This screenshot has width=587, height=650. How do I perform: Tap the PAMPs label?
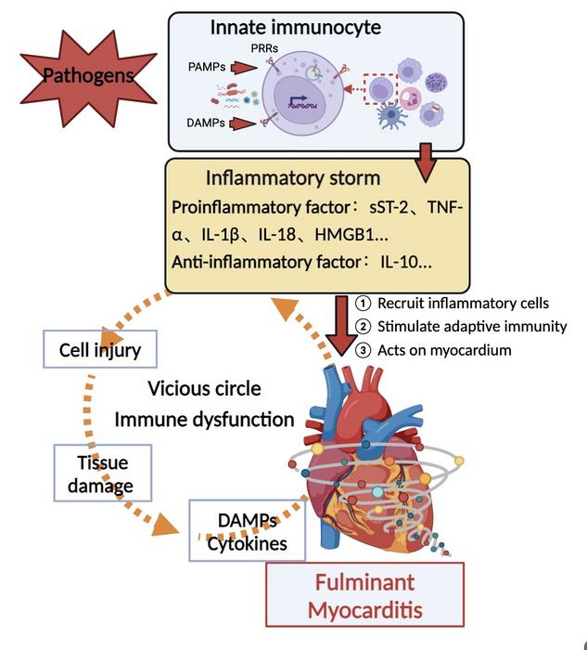[206, 66]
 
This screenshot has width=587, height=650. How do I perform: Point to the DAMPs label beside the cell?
[206, 123]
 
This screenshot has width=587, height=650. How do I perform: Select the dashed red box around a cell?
[381, 90]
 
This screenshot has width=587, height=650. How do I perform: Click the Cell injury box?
[100, 351]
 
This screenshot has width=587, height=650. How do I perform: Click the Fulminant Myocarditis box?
[364, 595]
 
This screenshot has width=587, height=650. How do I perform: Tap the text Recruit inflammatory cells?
[463, 304]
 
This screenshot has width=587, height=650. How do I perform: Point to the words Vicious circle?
[203, 387]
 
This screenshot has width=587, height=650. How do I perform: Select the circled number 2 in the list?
[364, 326]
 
